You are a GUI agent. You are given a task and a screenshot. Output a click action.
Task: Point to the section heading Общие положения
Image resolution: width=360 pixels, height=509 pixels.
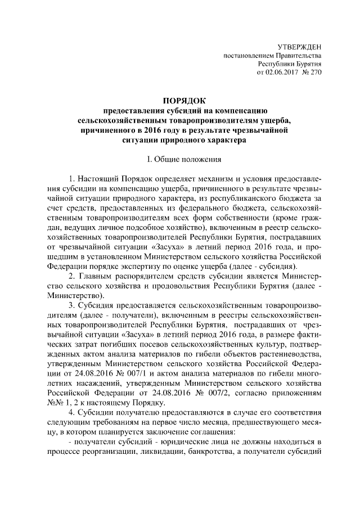(x=186, y=159)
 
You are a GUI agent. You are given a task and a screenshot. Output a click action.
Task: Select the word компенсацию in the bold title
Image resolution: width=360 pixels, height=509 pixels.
(x=247, y=110)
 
